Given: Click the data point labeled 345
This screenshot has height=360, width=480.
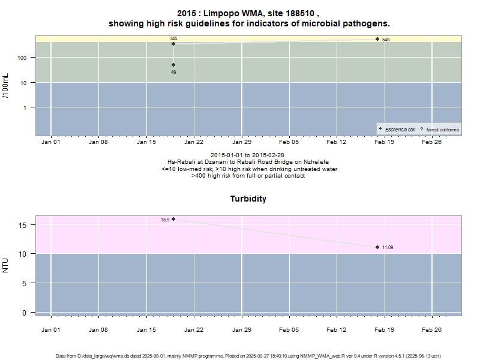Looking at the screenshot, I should (173, 44).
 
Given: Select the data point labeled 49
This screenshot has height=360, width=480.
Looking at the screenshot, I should (173, 65).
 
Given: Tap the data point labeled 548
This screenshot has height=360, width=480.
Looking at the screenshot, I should (377, 39).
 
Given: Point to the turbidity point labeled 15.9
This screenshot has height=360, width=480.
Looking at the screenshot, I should (173, 219).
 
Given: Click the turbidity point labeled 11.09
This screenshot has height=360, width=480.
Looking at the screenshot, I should (377, 247).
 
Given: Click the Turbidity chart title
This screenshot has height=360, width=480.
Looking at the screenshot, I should (248, 199).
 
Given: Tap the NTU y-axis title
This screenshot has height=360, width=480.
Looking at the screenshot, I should (6, 265).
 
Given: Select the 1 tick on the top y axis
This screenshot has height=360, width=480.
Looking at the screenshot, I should (29, 107).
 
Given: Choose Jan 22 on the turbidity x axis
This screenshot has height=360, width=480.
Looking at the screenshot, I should (194, 329).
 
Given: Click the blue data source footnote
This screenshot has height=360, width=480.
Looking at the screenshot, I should (240, 356).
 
